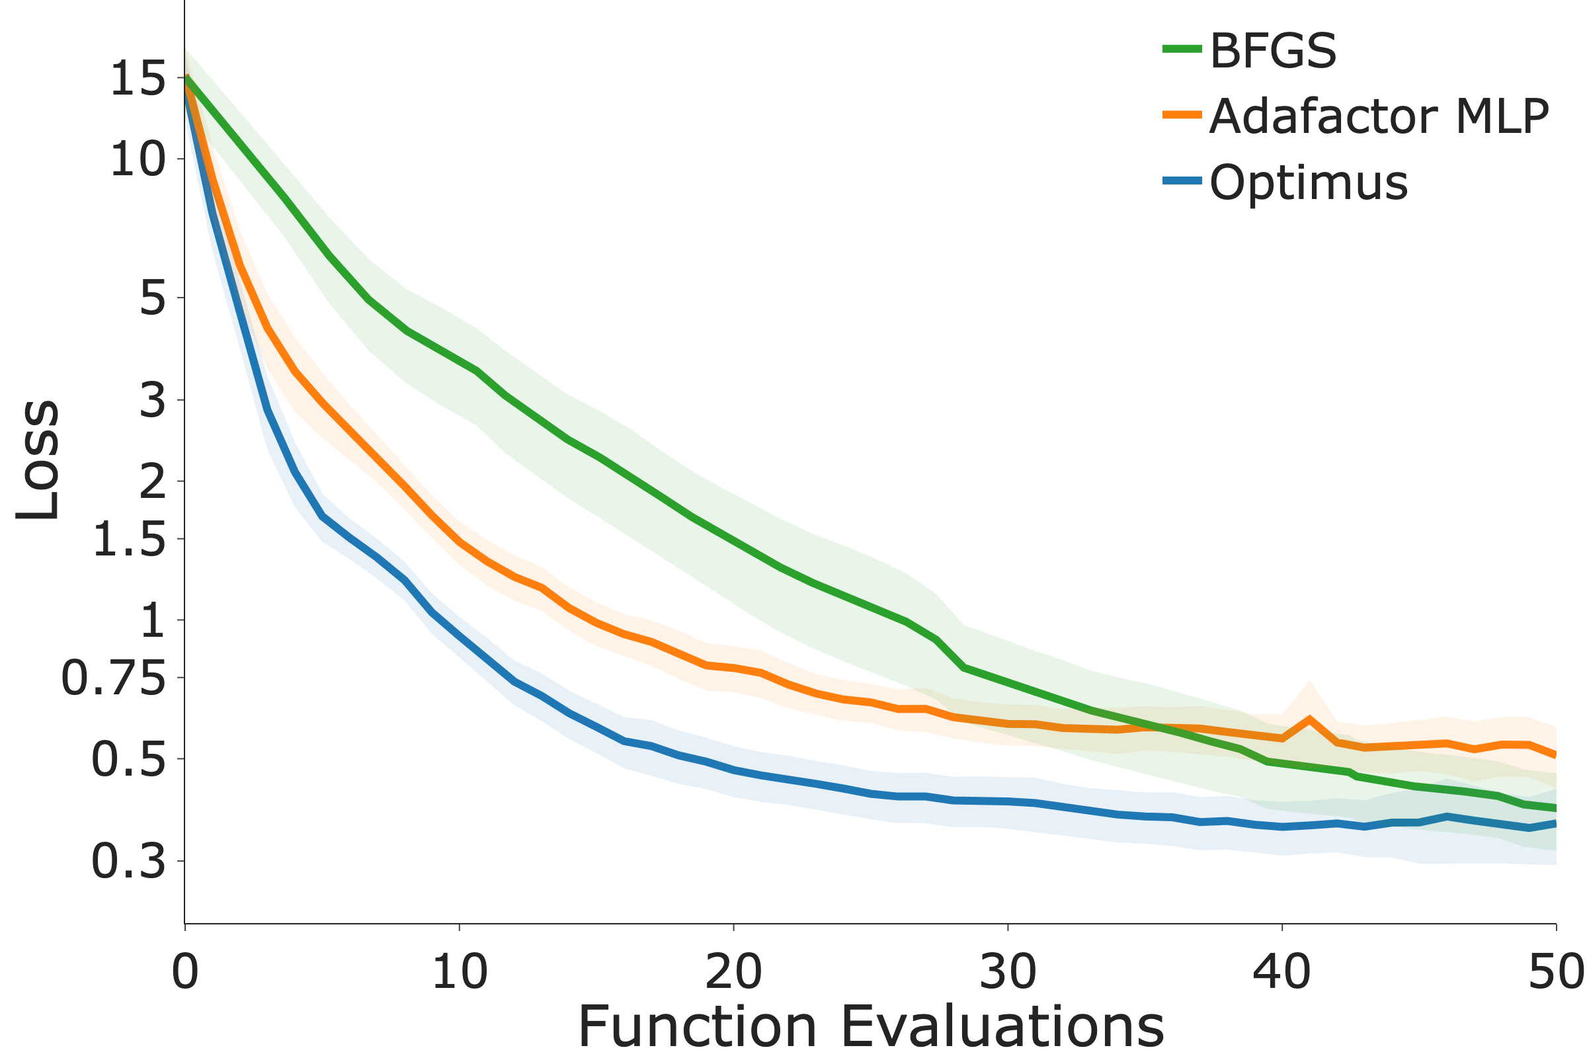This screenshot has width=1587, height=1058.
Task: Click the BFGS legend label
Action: tap(1272, 51)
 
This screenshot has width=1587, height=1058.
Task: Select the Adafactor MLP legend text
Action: tap(1379, 117)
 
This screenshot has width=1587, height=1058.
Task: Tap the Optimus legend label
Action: tap(1309, 183)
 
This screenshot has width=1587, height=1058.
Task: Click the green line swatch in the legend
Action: tap(1182, 48)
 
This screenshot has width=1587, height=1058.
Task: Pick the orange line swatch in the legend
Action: tap(1182, 114)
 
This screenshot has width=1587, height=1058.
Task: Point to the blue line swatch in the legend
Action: tap(1182, 181)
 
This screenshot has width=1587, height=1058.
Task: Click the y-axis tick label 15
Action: tap(137, 79)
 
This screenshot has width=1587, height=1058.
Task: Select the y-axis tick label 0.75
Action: tap(112, 679)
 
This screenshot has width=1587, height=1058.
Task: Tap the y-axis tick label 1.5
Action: tap(128, 540)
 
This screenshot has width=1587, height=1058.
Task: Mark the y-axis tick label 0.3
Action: tap(128, 862)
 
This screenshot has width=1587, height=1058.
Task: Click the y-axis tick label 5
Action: tap(152, 298)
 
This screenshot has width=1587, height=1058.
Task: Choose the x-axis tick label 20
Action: tap(733, 972)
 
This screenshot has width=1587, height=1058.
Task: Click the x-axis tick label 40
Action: tap(1282, 972)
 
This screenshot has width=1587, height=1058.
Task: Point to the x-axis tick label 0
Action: tap(185, 972)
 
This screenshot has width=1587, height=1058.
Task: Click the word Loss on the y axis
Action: tap(39, 460)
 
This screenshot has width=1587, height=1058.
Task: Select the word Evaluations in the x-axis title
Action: tap(1002, 1026)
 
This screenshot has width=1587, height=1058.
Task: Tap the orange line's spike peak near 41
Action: tap(1309, 719)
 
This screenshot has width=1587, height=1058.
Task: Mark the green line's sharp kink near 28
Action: tap(964, 667)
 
